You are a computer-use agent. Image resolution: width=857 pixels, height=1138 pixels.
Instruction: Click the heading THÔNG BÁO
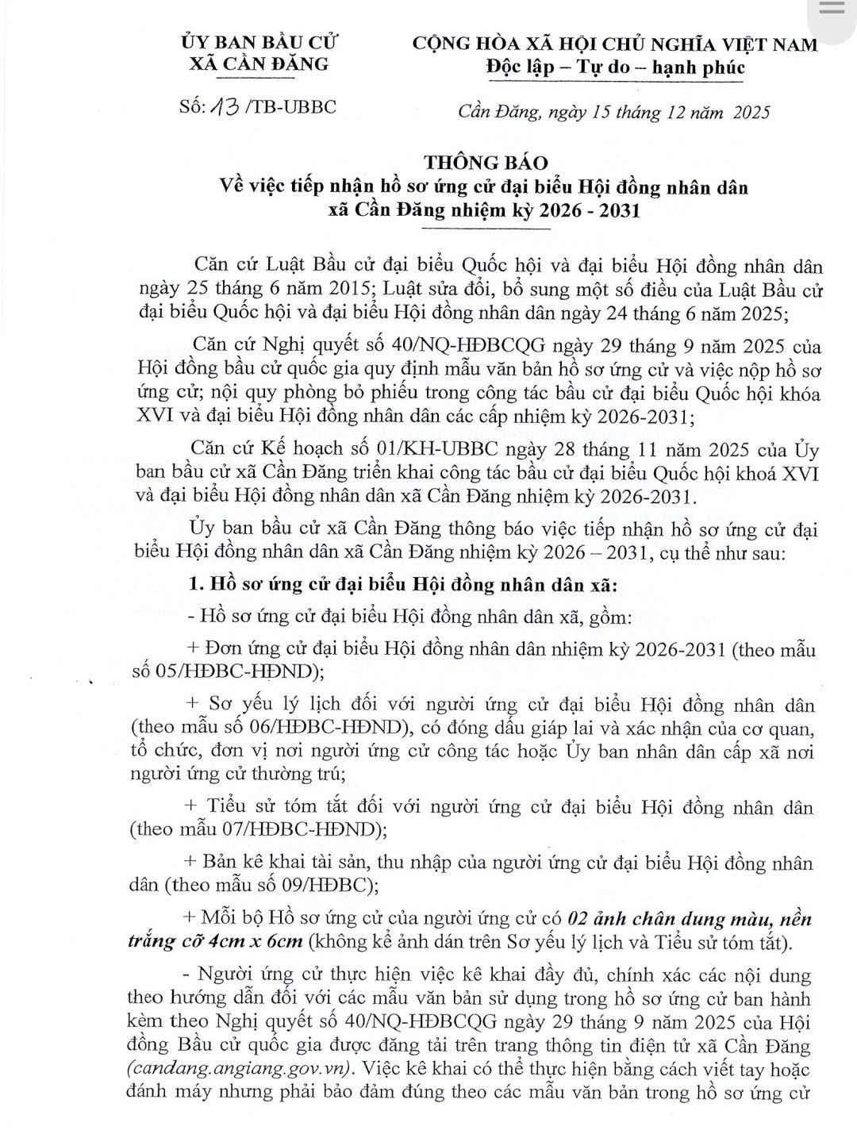click(486, 163)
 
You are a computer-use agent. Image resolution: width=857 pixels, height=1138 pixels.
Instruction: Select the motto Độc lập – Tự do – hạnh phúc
click(615, 67)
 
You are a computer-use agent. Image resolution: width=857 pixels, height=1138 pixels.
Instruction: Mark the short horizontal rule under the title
click(486, 229)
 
